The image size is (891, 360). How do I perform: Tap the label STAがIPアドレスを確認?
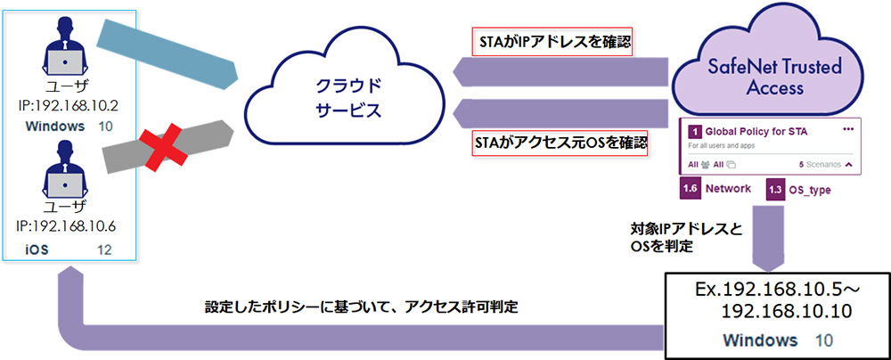(551, 41)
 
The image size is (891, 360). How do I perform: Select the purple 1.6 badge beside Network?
(689, 189)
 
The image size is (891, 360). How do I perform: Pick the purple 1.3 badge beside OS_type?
(775, 189)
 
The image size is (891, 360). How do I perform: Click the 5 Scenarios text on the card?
(821, 165)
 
